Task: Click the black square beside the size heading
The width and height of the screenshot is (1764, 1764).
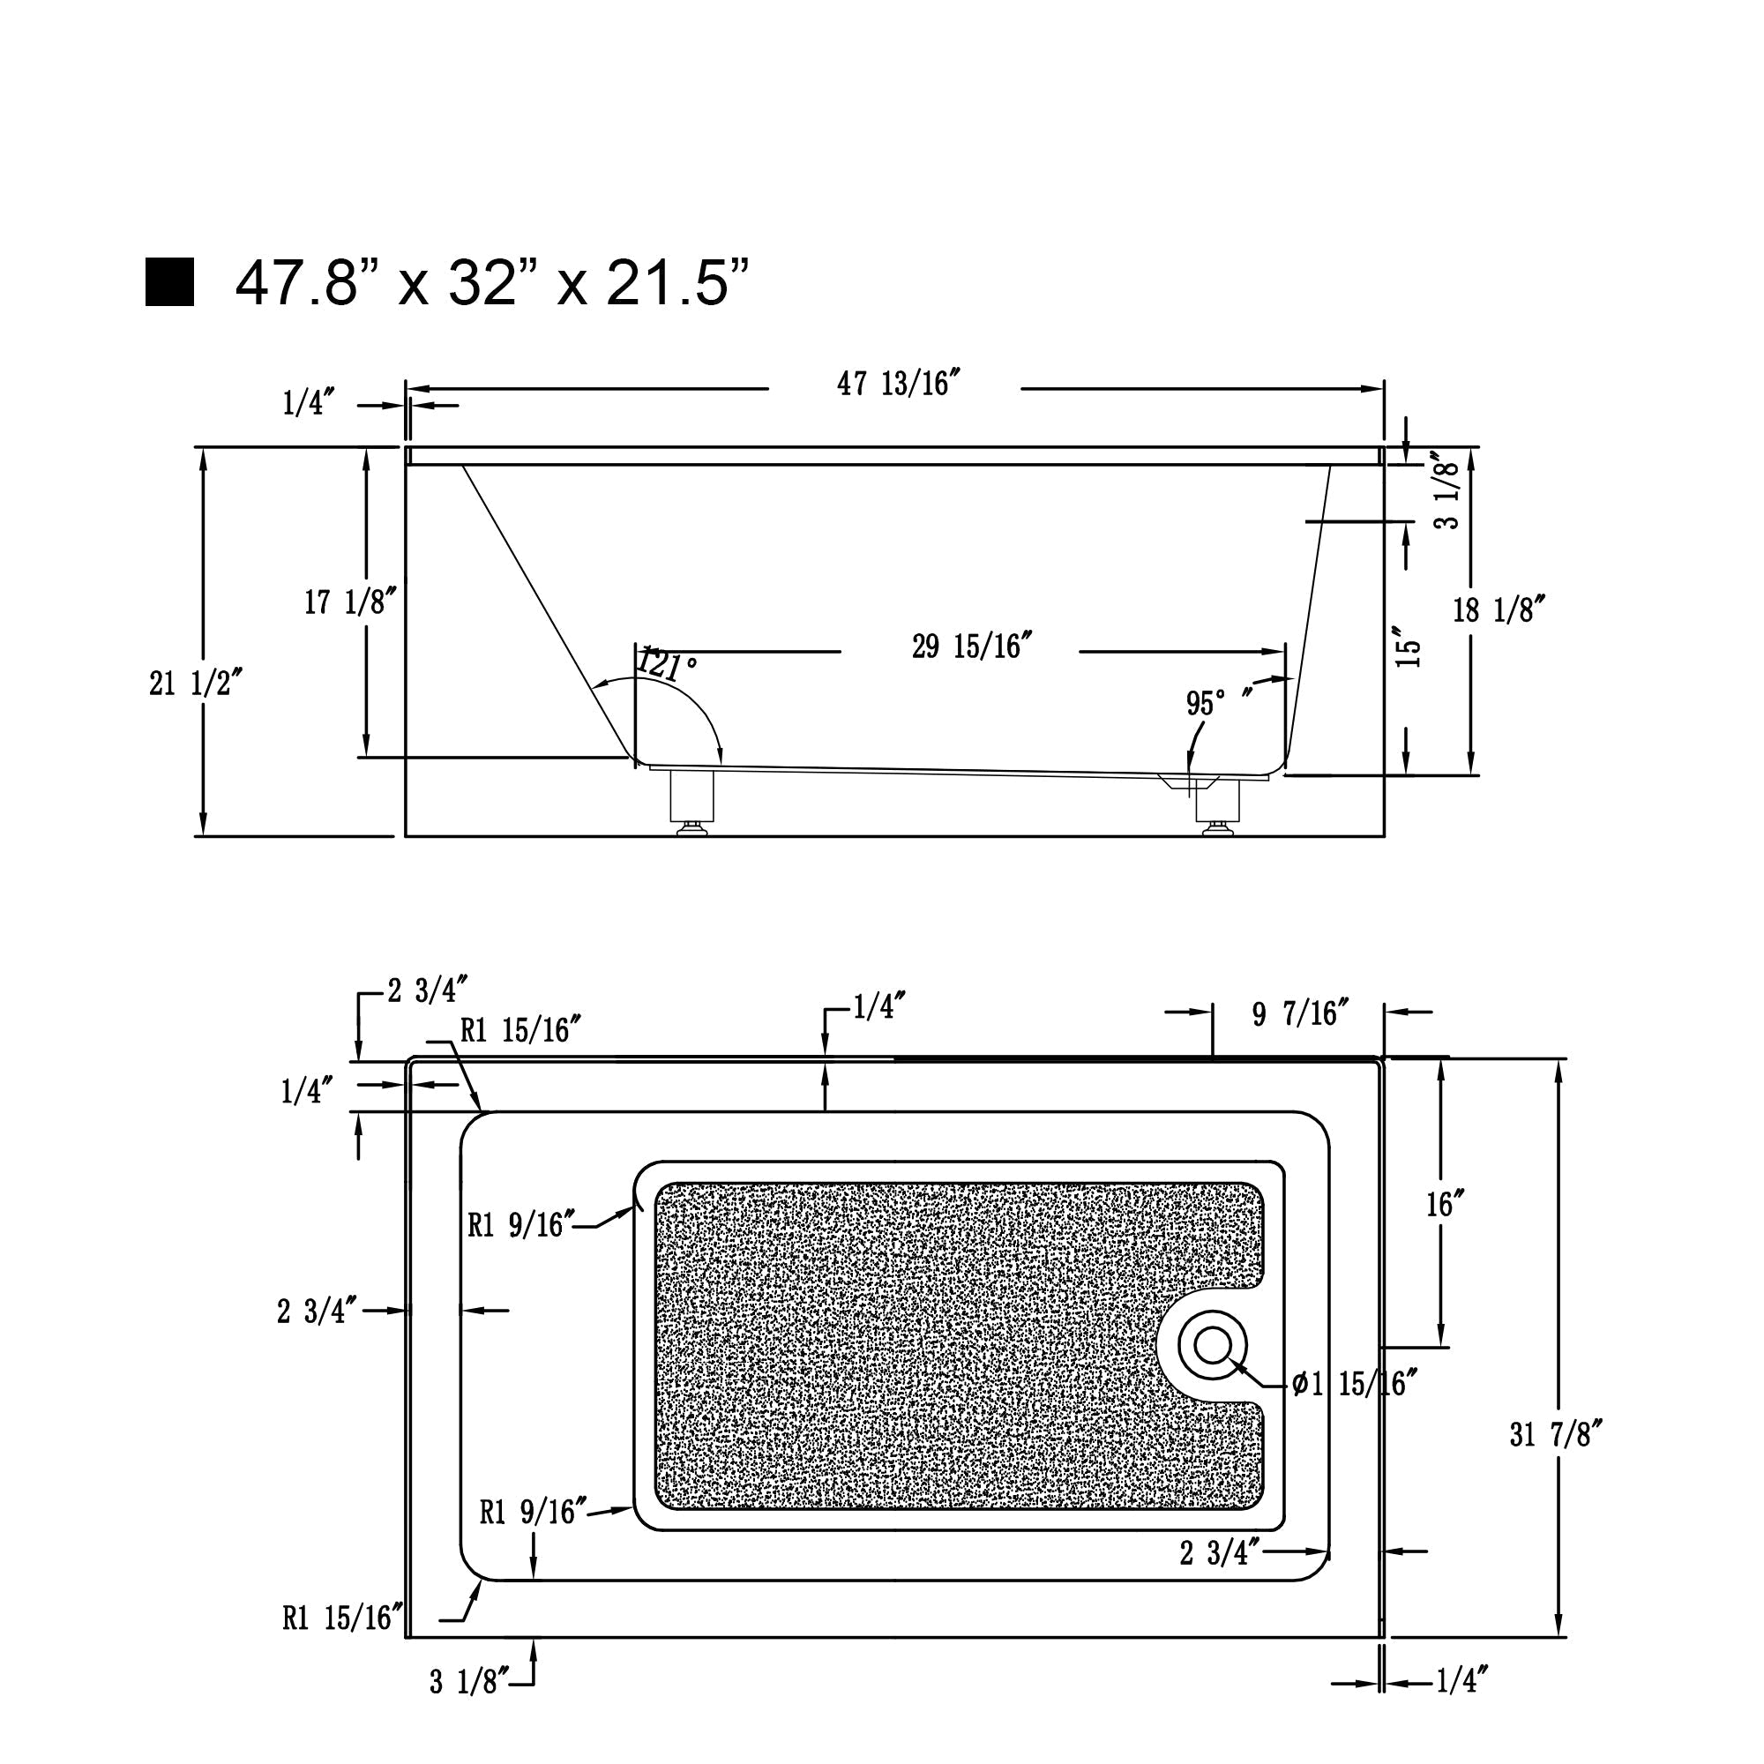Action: tap(170, 282)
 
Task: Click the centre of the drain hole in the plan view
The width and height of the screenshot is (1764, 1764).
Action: tap(1213, 1345)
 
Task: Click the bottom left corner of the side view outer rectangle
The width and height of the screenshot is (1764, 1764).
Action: tap(407, 835)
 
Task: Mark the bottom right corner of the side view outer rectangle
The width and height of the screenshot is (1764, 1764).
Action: tap(1385, 835)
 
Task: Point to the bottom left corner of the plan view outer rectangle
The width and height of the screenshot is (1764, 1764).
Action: tap(407, 1637)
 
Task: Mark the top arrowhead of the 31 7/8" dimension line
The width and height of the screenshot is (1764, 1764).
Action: tap(1558, 1071)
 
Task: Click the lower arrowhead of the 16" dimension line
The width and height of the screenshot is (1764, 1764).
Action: tap(1440, 1334)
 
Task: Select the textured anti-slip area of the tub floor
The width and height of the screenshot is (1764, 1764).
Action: tap(959, 1347)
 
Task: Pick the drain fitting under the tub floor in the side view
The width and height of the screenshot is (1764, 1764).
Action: tap(1189, 781)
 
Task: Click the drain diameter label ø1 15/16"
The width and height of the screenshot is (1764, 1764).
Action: tap(1355, 1385)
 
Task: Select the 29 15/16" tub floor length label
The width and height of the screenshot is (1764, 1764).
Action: tap(971, 647)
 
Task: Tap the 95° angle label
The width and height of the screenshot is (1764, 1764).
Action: tap(1205, 704)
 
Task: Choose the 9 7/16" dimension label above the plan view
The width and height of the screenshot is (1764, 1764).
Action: tap(1300, 1013)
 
